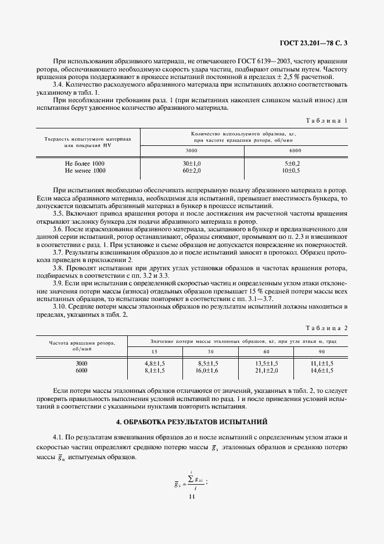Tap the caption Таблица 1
(x=329, y=120)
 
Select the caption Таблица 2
(x=329, y=328)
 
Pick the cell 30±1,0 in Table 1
(x=192, y=164)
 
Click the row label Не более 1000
(x=85, y=164)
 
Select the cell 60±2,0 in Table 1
(x=192, y=171)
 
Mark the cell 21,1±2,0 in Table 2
(x=267, y=370)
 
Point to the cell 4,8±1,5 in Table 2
(x=155, y=363)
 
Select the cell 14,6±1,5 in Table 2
(x=322, y=370)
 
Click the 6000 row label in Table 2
(x=81, y=370)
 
